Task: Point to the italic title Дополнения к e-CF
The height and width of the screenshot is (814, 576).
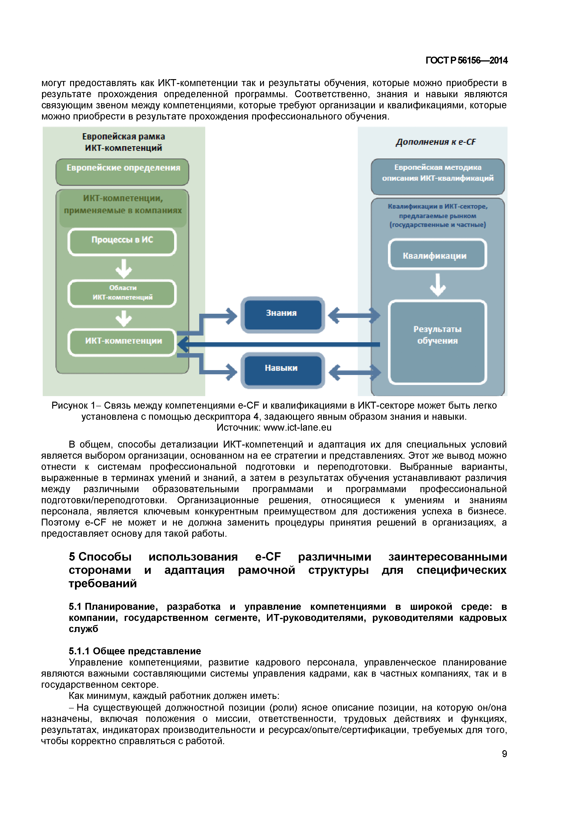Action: click(436, 142)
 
